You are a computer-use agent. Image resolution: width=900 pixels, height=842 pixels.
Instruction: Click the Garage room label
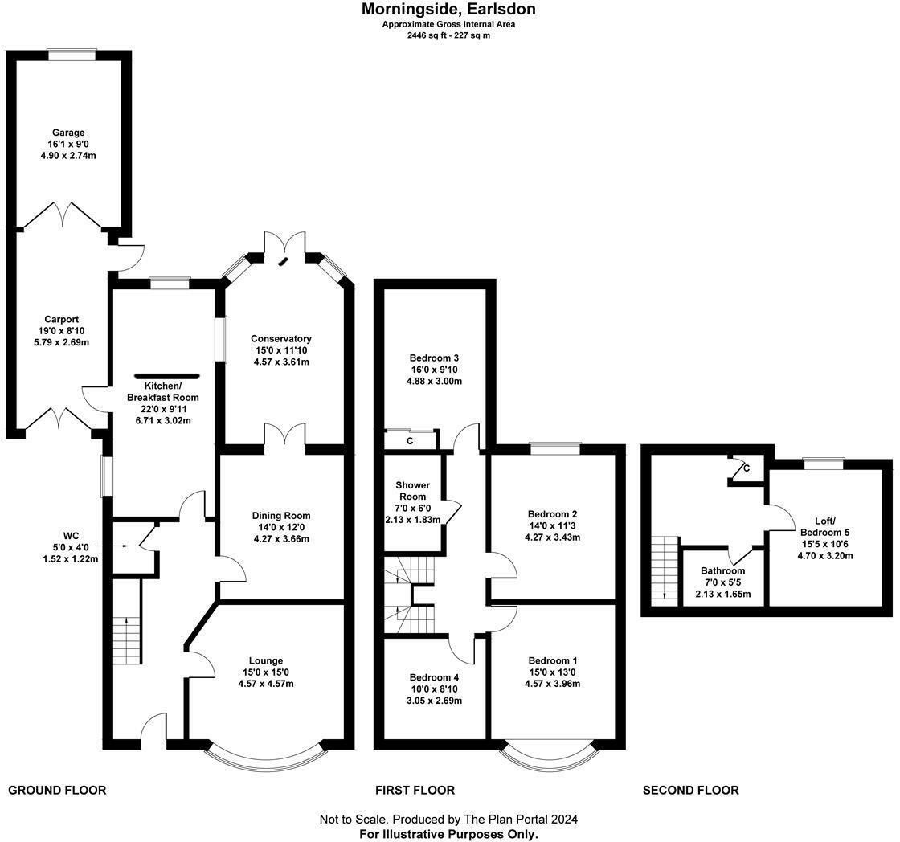tap(68, 133)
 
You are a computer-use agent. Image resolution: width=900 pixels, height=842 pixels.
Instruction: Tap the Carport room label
tap(62, 319)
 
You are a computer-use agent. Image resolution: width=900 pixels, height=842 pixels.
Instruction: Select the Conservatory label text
tap(280, 338)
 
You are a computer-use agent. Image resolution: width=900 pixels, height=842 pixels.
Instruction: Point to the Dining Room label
tap(280, 516)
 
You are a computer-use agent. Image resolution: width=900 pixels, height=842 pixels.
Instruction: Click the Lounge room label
tap(266, 660)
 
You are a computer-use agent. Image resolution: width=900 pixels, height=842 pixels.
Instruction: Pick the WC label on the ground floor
tap(72, 535)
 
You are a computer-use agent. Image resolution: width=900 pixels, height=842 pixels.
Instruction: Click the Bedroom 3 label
tap(435, 358)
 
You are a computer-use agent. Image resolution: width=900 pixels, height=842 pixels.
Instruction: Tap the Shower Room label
tap(412, 491)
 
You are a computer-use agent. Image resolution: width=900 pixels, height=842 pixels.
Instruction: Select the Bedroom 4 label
tap(435, 676)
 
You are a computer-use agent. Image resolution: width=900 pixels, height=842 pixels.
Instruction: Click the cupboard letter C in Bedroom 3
tap(410, 441)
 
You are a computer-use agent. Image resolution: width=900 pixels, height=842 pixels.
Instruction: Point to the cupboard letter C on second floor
tap(747, 468)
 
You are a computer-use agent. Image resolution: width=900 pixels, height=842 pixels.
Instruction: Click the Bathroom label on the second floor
tap(722, 570)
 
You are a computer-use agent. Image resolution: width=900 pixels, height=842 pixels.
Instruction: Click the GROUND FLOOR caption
tap(57, 790)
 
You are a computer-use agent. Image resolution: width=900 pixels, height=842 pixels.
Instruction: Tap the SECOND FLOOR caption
tap(690, 790)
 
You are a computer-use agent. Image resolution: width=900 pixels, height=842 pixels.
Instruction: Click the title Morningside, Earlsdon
tap(448, 10)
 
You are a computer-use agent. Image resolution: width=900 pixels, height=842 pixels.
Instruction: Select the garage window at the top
tap(72, 55)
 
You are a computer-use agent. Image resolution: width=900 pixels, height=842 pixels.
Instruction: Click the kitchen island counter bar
tap(167, 375)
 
